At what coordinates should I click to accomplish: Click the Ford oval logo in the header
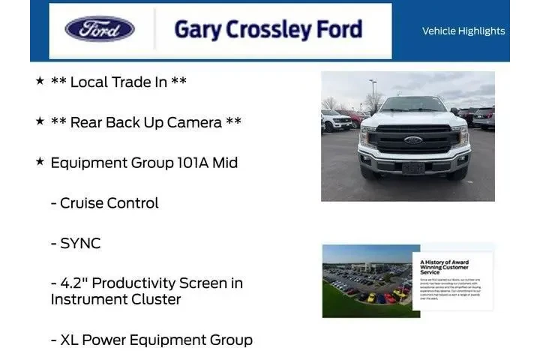point(100,29)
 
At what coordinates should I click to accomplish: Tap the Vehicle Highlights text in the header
point(463,31)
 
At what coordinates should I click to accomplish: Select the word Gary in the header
point(196,29)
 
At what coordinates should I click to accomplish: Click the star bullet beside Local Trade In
point(40,81)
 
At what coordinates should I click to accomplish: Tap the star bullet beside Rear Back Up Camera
point(40,121)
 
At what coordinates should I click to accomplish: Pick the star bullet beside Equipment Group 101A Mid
point(40,162)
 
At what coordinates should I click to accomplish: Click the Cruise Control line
point(105,203)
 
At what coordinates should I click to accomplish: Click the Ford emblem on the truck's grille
point(412,140)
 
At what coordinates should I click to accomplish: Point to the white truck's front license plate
point(412,169)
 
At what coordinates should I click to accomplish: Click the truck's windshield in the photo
point(413,105)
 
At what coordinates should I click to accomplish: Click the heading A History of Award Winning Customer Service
point(444,265)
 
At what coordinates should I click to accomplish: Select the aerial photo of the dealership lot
point(367,280)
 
